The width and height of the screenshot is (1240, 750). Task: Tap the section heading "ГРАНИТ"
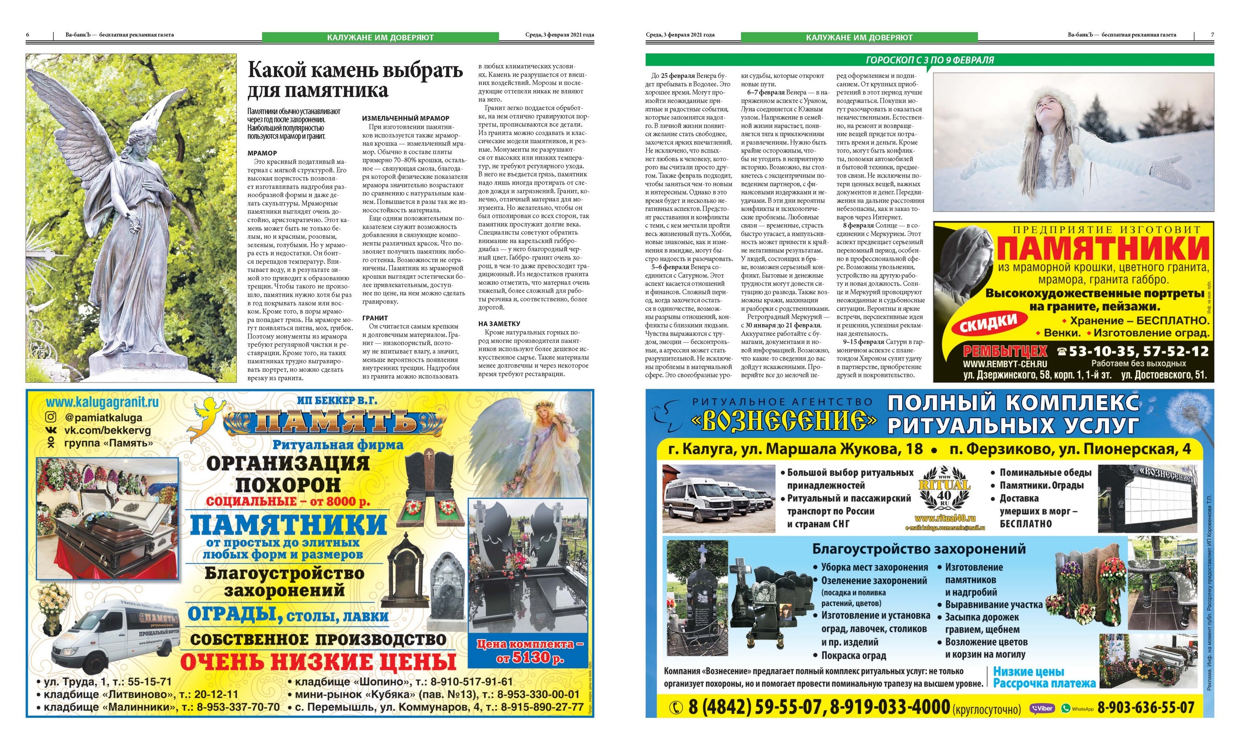(x=375, y=318)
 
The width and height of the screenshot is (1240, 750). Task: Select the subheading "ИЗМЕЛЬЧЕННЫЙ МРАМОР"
(x=406, y=118)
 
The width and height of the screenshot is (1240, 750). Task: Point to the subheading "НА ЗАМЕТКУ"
(x=499, y=323)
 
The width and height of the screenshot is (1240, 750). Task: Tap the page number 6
(x=28, y=35)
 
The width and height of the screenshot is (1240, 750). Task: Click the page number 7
(x=1212, y=35)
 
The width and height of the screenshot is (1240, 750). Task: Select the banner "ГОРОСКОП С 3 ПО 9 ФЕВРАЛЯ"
(x=929, y=60)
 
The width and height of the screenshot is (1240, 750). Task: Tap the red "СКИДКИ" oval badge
(x=987, y=324)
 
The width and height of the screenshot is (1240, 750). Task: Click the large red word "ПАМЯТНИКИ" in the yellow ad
(x=1102, y=248)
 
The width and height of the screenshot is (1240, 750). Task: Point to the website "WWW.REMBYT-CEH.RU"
(x=1004, y=364)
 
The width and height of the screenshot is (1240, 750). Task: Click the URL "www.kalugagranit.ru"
(x=102, y=402)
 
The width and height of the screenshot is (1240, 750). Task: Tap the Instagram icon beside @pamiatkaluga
(x=51, y=417)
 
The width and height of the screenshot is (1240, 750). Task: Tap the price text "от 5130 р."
(x=530, y=657)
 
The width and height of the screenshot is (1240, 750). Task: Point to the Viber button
(x=1042, y=708)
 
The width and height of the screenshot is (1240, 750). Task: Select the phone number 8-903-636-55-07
(x=1145, y=708)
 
